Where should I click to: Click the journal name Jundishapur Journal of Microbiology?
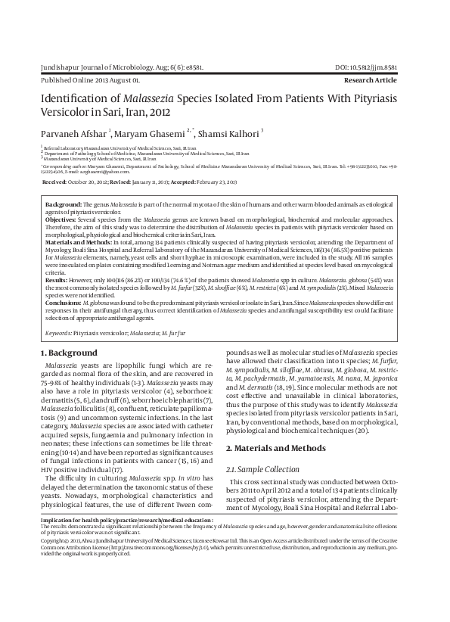[98, 67]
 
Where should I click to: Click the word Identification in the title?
[77, 101]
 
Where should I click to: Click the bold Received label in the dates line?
[55, 183]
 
